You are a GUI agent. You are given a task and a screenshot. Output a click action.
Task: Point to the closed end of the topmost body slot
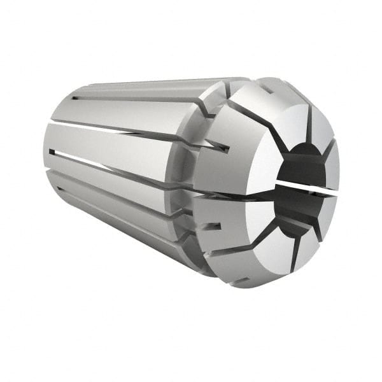coord(74,97)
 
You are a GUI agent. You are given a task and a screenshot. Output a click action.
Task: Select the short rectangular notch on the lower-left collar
coord(215,225)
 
